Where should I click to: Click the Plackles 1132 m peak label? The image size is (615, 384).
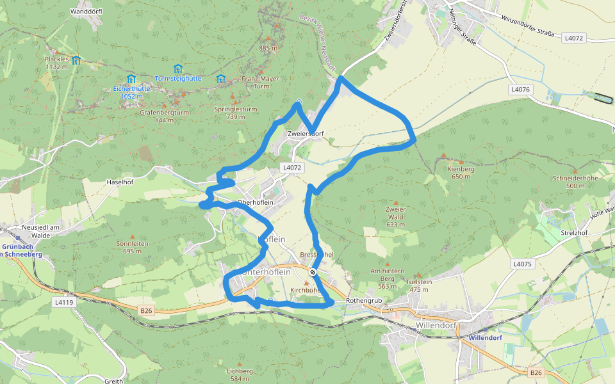[56, 63]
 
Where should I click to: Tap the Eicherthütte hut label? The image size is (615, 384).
[131, 92]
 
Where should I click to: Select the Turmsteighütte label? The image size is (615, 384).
[177, 78]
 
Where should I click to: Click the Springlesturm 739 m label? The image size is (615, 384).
[236, 113]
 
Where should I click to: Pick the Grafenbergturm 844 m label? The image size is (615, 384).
[165, 116]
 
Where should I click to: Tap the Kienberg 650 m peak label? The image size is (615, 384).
[461, 173]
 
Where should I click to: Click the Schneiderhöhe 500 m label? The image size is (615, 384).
[566, 182]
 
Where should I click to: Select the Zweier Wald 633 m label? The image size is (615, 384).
[395, 216]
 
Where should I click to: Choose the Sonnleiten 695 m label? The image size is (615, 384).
[133, 247]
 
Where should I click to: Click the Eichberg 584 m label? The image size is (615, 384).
[240, 374]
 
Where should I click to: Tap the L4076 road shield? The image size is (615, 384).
[521, 90]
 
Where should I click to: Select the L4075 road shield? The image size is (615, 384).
[522, 264]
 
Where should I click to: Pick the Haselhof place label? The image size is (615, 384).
[119, 182]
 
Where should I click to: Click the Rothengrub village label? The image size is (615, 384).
[364, 300]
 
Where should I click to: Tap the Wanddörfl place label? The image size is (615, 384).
[86, 12]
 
